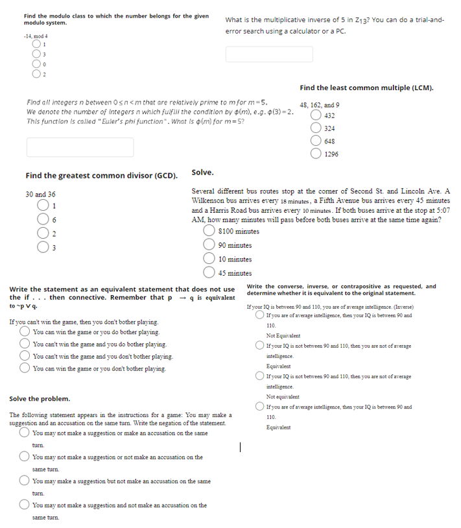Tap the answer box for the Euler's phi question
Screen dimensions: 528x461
(x=80, y=147)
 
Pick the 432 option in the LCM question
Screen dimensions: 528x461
(x=316, y=115)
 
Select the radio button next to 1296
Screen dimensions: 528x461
(x=316, y=154)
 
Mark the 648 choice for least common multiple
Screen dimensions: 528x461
(x=316, y=141)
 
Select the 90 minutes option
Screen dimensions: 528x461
(x=209, y=245)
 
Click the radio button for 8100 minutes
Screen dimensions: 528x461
(x=209, y=232)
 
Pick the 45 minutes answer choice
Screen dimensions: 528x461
(x=209, y=273)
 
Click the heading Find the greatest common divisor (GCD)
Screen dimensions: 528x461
(x=102, y=176)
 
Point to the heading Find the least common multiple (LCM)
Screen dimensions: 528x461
(x=366, y=88)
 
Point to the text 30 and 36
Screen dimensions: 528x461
(x=40, y=195)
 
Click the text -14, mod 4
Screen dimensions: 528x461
(x=36, y=36)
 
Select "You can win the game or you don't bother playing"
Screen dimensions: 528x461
(x=25, y=368)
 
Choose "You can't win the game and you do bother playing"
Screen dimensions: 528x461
(x=25, y=344)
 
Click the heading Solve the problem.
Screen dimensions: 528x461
(x=40, y=399)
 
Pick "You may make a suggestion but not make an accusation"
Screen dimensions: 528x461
(x=25, y=481)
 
